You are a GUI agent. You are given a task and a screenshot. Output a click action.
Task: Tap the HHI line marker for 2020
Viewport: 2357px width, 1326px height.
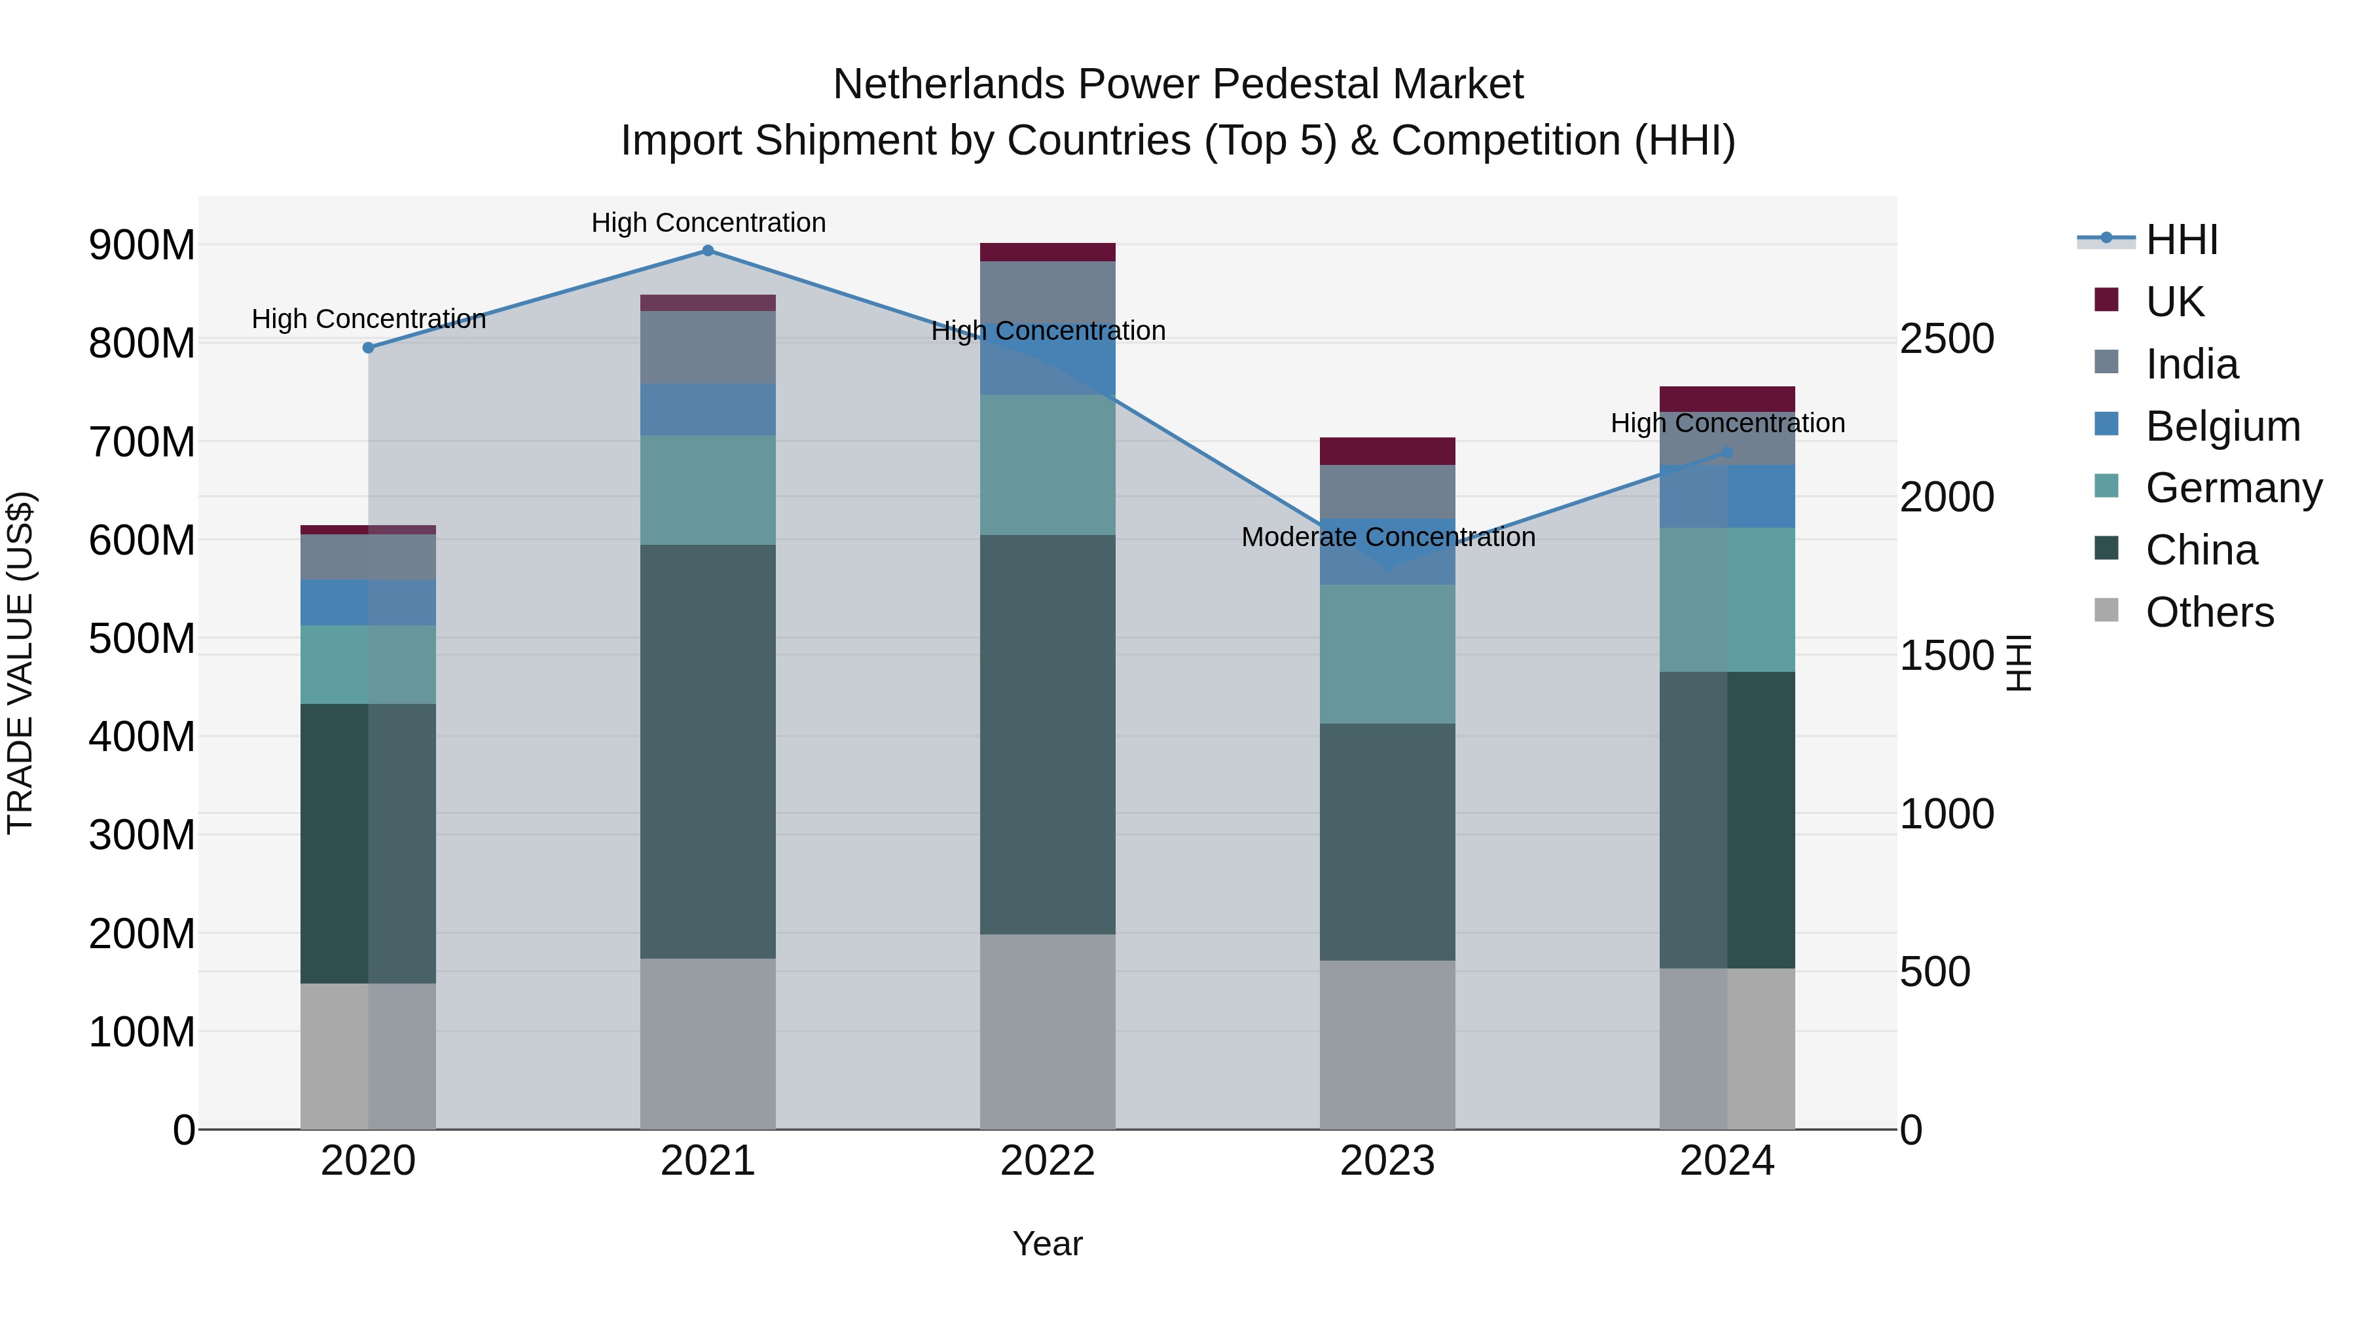[x=368, y=348]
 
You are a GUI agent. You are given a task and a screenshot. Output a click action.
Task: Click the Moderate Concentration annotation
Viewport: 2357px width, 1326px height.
[x=1387, y=537]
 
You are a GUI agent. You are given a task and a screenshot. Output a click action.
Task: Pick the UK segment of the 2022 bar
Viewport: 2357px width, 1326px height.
[x=1048, y=253]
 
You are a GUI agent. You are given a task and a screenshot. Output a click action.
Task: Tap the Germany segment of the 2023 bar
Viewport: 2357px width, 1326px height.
[x=1387, y=654]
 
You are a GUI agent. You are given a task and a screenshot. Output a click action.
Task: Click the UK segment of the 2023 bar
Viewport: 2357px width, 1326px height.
[x=1387, y=451]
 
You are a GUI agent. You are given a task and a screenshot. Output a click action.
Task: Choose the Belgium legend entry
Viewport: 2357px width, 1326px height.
[x=2221, y=426]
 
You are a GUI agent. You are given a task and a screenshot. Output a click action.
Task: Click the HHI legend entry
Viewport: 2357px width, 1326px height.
[x=2182, y=240]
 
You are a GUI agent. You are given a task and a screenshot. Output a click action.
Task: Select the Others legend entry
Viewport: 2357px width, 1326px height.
[x=2209, y=612]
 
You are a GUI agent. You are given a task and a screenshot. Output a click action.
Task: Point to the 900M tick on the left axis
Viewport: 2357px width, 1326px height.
[x=142, y=246]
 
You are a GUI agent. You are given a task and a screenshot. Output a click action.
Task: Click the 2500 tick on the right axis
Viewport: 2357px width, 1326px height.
[x=1947, y=339]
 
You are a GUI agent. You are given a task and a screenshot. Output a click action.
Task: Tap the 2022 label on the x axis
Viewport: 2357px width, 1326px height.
[x=1048, y=1161]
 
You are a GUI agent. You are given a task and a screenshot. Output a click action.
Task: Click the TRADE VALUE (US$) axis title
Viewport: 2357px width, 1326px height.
[x=20, y=663]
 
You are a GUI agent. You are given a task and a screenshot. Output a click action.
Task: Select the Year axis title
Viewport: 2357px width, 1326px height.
[x=1048, y=1243]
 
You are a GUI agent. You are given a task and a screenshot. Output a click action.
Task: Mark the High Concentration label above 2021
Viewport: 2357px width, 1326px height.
[x=708, y=223]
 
